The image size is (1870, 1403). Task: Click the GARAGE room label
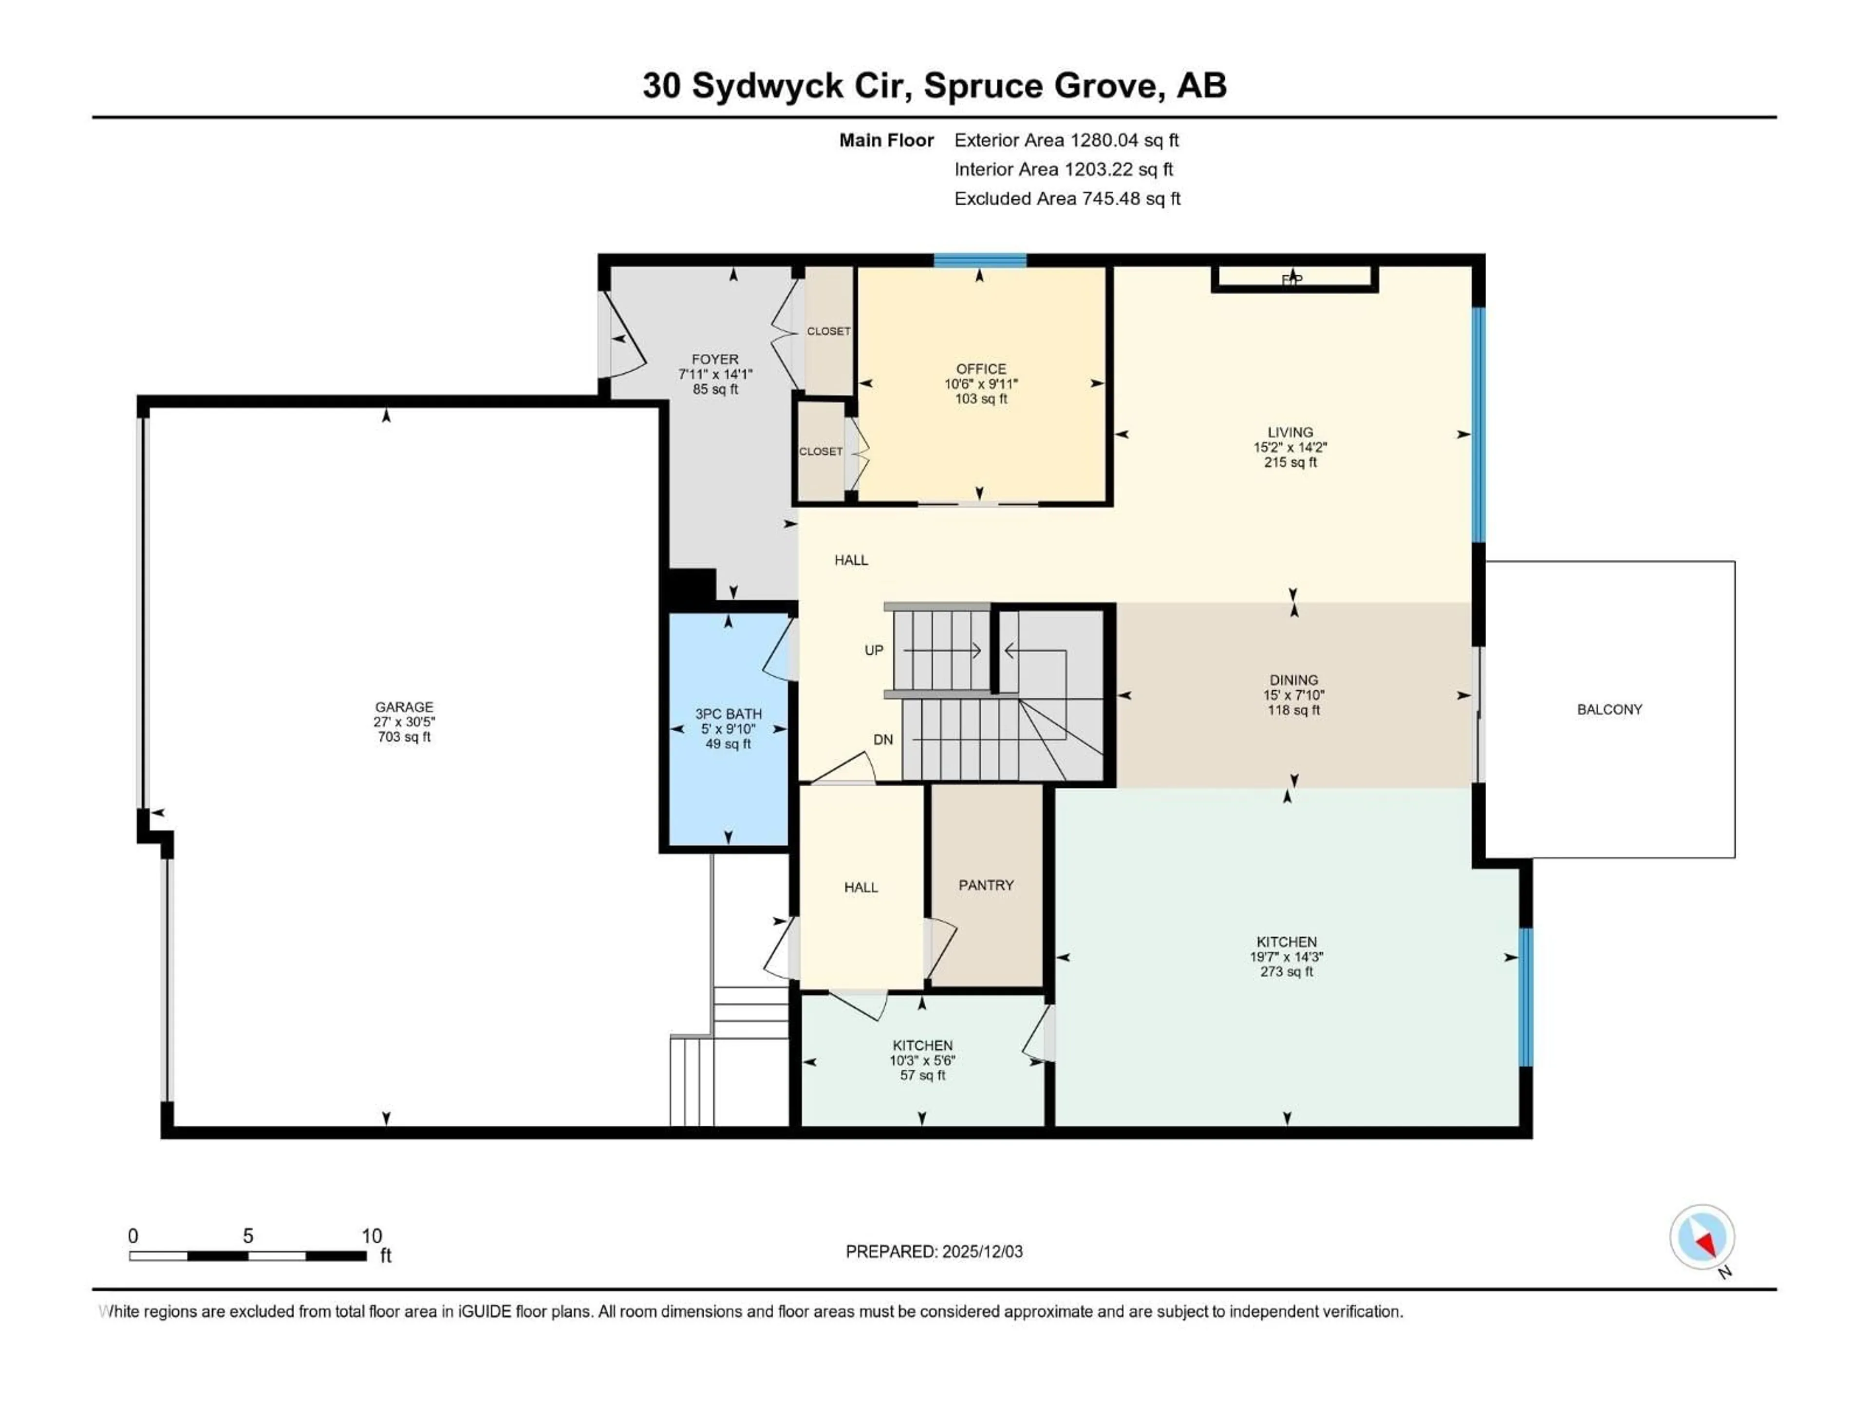[x=404, y=706]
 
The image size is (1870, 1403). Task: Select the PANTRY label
[x=986, y=885]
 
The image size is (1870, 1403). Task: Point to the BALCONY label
[x=1609, y=709]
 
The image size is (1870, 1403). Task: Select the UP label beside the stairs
[x=873, y=649]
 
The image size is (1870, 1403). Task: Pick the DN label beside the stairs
[x=882, y=739]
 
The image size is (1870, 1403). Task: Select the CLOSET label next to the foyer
[x=828, y=331]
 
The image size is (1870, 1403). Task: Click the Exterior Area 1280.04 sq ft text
[x=1066, y=140]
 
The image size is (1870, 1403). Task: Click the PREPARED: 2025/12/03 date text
[x=934, y=1251]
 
